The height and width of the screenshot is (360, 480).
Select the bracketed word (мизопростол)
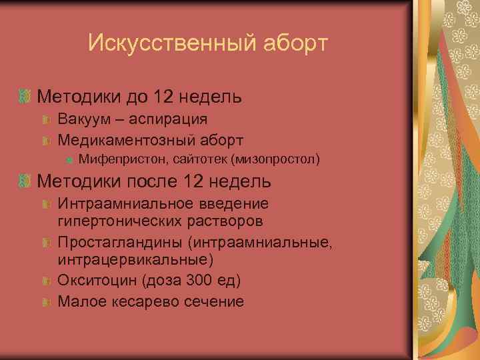275,159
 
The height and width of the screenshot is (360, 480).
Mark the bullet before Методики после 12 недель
26,181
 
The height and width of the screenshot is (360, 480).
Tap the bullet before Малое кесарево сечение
46,301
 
